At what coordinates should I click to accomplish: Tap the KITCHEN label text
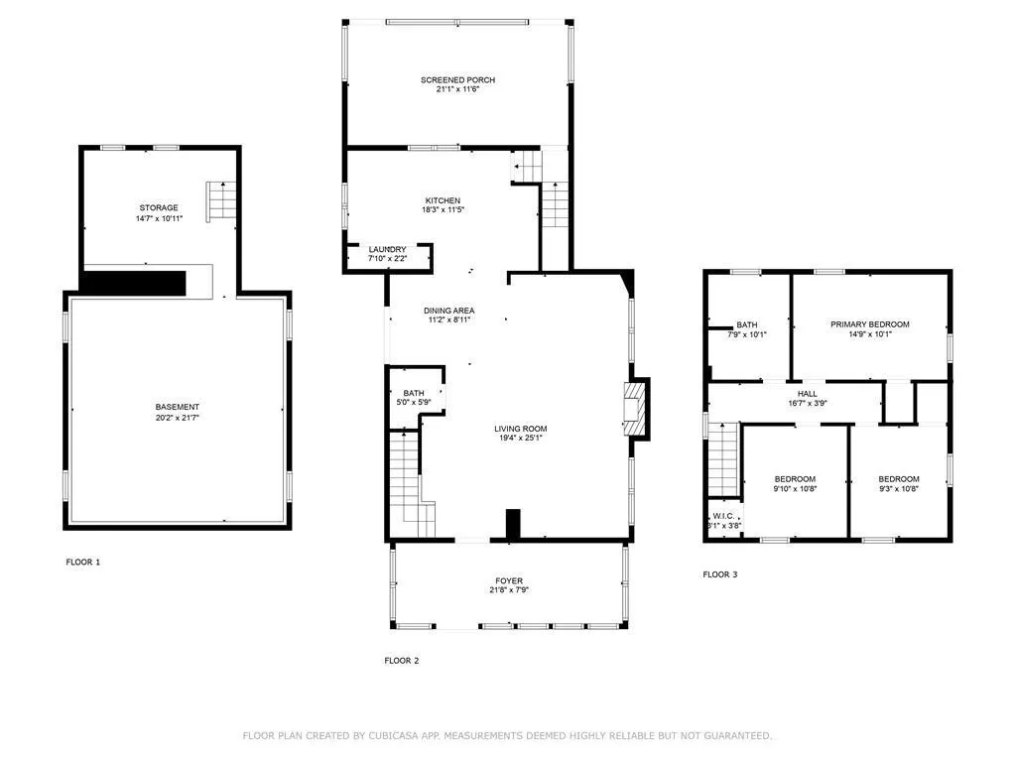443,201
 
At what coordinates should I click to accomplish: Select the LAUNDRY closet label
387,250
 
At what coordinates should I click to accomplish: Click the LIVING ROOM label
521,430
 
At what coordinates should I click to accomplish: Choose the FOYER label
509,581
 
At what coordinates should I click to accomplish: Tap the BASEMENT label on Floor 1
177,408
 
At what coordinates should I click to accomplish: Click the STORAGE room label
159,208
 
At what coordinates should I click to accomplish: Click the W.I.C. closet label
723,516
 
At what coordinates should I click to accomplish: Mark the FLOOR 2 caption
402,661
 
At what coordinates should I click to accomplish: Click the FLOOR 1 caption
83,563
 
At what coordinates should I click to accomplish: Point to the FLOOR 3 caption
720,574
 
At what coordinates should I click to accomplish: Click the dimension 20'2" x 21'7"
177,419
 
